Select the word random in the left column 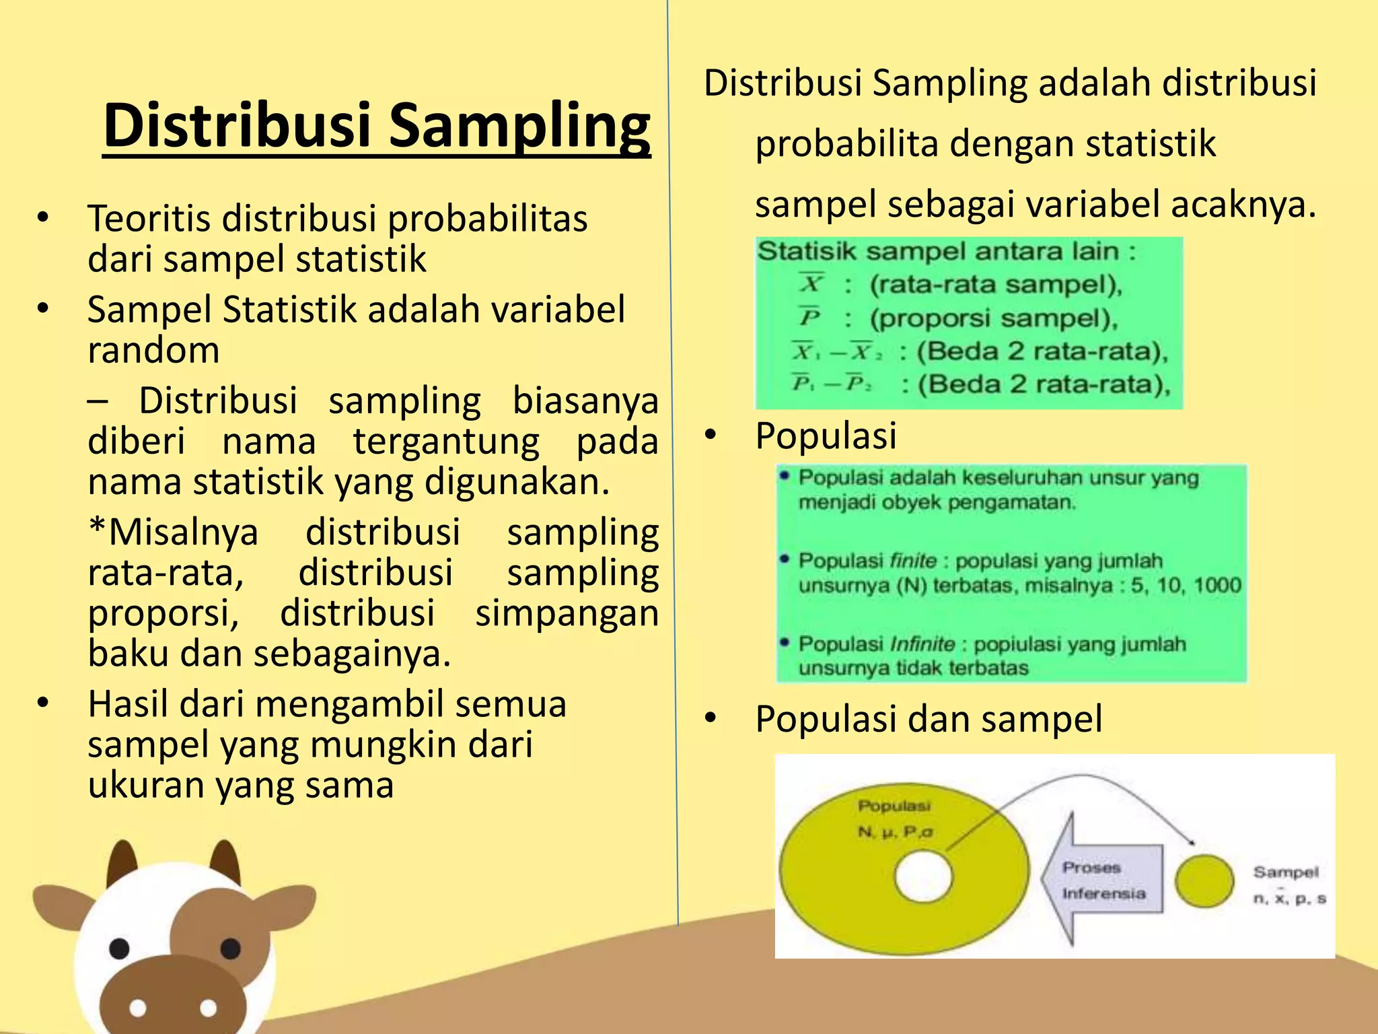[x=153, y=350]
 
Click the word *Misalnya [x=173, y=532]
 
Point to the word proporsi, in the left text [x=164, y=613]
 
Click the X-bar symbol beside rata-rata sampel [x=812, y=283]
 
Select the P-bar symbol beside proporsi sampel [x=810, y=316]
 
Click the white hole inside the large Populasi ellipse [x=924, y=876]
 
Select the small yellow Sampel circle [x=1204, y=881]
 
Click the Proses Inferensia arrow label [x=1103, y=881]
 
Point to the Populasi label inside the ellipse [x=894, y=806]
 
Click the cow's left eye [x=119, y=949]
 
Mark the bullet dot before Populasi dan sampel [x=711, y=719]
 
